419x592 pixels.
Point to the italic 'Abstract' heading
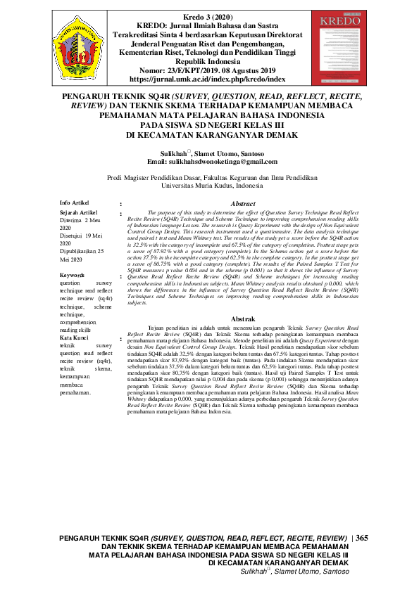243,203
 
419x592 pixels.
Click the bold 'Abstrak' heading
243,319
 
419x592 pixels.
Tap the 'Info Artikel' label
75,203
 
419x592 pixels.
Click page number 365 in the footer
363,538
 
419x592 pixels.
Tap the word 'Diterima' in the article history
72,220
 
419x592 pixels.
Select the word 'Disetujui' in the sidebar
73,236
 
